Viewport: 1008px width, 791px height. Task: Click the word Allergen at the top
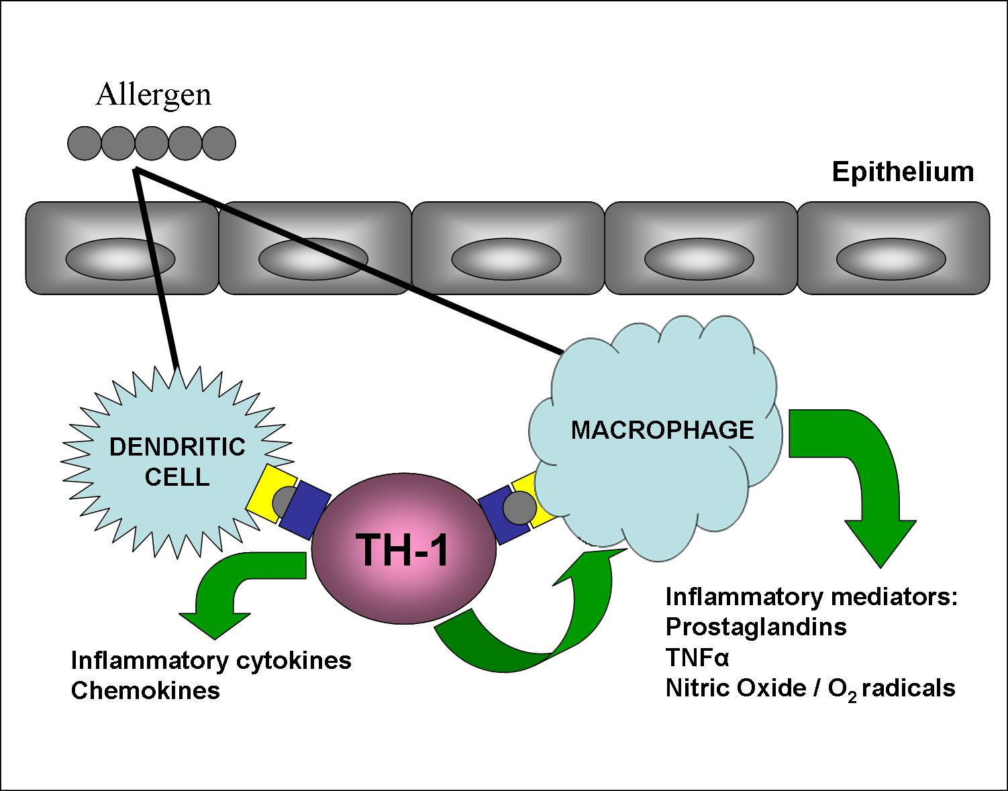tap(153, 95)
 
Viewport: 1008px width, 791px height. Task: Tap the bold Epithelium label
tap(903, 172)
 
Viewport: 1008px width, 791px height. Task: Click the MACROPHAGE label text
tap(662, 430)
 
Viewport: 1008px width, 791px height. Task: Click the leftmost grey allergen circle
tap(85, 144)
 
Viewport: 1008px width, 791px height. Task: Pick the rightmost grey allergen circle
tap(219, 144)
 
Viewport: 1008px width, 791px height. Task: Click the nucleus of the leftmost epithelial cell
tap(121, 258)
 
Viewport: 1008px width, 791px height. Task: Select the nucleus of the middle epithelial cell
tap(507, 258)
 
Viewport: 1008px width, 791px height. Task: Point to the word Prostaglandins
tap(756, 626)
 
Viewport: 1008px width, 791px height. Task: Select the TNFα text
tap(697, 657)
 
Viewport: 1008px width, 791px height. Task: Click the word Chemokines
tap(146, 690)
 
